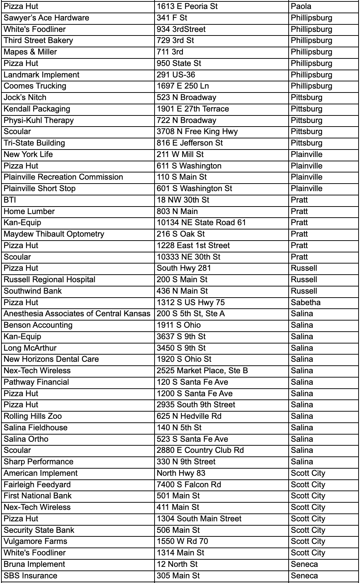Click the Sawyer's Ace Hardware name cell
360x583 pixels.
[46, 18]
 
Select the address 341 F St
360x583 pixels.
[172, 18]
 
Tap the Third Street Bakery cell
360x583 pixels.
[38, 41]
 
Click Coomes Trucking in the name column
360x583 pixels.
[35, 86]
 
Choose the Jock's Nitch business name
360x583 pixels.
[25, 98]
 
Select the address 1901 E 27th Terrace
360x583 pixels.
[193, 109]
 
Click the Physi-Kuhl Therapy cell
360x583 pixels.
[38, 120]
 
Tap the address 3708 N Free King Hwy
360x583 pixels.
[197, 132]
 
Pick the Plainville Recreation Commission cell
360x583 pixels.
[63, 177]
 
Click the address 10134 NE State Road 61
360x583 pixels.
[201, 223]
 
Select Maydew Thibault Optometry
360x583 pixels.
[54, 234]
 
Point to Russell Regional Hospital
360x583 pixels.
[49, 280]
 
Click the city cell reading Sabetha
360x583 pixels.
[305, 303]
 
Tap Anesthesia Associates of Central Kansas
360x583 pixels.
[77, 314]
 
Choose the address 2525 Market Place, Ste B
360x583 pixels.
[202, 371]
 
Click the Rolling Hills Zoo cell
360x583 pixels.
[33, 416]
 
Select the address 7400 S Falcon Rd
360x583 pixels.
[189, 485]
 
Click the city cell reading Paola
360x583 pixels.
[301, 6]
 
